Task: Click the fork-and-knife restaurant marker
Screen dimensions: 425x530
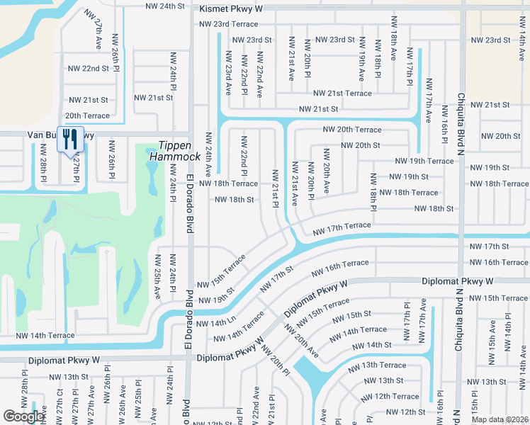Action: coord(69,139)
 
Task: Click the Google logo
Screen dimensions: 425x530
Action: coord(23,416)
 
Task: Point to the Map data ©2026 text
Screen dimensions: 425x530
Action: coord(499,419)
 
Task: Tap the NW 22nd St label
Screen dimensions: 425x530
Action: coord(89,69)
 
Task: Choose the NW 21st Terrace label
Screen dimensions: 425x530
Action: coord(343,93)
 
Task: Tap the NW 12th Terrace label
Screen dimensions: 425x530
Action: coord(396,397)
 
